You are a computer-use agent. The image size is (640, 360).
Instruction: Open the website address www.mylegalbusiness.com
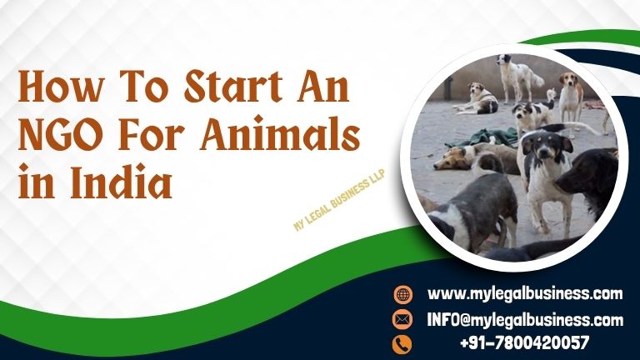(525, 293)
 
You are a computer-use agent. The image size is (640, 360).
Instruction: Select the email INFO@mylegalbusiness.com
(525, 319)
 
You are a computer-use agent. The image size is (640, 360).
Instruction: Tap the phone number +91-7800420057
(525, 342)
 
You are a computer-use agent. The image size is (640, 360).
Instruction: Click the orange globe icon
(402, 294)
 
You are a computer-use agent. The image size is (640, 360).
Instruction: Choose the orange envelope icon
(402, 319)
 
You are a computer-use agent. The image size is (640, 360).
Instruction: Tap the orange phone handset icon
(402, 342)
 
